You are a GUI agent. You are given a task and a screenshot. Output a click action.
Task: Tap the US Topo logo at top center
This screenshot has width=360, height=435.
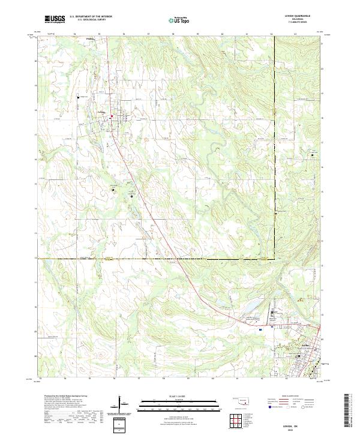tap(180, 20)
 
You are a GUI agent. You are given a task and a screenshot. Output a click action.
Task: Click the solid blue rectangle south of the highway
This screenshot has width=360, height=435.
tap(260, 329)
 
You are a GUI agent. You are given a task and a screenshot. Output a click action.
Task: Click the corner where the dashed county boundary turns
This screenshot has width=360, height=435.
tap(275, 259)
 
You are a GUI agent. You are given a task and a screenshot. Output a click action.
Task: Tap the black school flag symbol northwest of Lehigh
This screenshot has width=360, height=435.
tap(78, 97)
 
